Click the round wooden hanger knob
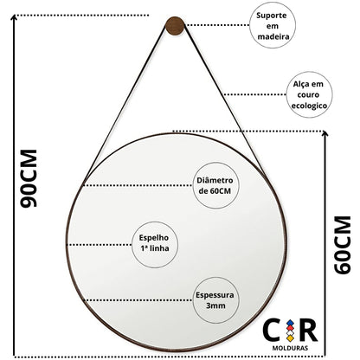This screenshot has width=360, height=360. click(x=175, y=26)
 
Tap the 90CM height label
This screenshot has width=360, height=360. click(x=29, y=178)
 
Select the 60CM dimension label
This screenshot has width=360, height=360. click(x=343, y=245)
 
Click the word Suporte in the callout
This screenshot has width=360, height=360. click(x=272, y=16)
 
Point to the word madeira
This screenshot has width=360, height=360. click(x=273, y=36)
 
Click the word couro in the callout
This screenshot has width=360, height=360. click(x=308, y=95)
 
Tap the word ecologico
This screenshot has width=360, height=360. click(x=309, y=106)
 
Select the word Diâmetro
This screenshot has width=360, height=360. click(x=215, y=180)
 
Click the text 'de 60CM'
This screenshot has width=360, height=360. click(x=215, y=191)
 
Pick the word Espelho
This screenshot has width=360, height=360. click(x=154, y=238)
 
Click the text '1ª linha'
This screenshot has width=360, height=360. click(x=155, y=248)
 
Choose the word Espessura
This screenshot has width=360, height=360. click(x=215, y=295)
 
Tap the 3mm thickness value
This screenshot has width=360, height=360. click(x=215, y=305)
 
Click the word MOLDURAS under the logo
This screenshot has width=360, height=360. click(x=290, y=348)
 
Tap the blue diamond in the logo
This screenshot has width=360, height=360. click(x=290, y=323)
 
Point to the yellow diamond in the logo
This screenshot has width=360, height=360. click(x=290, y=337)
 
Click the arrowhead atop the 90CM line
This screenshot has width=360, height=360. click(x=14, y=17)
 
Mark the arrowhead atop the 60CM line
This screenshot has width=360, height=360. click(x=325, y=133)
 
